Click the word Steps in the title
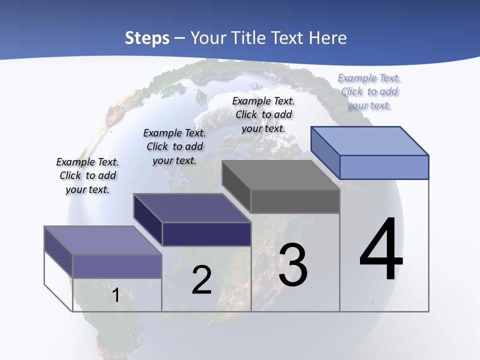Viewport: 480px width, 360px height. (147, 38)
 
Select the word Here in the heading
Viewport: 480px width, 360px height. (328, 38)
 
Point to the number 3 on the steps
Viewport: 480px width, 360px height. (293, 265)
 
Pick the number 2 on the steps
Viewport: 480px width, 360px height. (202, 280)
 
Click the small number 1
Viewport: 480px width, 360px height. (115, 295)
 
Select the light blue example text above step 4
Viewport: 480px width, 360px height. (369, 91)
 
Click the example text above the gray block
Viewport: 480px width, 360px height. (263, 114)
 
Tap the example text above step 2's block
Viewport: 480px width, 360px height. (174, 146)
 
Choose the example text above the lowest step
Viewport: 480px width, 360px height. (87, 175)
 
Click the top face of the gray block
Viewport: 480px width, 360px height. (280, 175)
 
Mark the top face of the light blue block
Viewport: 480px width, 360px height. (370, 140)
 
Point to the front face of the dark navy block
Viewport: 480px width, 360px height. (206, 234)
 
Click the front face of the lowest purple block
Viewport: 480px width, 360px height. (117, 266)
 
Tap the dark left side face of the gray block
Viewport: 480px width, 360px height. (236, 186)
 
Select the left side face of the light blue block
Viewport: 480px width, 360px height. (325, 152)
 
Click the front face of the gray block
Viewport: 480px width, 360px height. (295, 201)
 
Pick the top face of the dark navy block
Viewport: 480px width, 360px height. (192, 208)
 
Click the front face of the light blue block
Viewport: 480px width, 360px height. (384, 167)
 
